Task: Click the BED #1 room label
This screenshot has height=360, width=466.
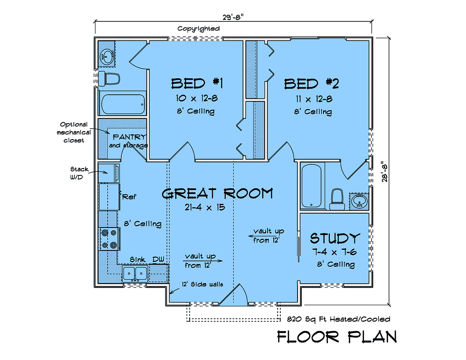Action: [197, 83]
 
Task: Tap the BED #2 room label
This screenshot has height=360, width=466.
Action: [311, 84]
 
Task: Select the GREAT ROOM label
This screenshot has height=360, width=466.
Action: [217, 193]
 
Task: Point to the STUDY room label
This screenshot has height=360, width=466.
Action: [335, 238]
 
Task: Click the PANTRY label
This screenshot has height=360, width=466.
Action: [130, 137]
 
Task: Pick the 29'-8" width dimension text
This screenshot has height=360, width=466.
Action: [233, 17]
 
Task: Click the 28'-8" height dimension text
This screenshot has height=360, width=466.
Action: [385, 173]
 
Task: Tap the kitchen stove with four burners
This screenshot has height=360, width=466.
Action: [109, 239]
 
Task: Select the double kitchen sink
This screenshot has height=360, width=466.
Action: [135, 274]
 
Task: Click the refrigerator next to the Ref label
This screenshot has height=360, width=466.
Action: [110, 197]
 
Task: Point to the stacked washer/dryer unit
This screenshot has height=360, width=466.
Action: [109, 173]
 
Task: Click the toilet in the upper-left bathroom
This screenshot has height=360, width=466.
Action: [109, 79]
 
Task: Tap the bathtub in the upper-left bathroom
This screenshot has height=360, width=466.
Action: [123, 104]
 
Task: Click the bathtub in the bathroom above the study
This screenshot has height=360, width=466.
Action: [311, 186]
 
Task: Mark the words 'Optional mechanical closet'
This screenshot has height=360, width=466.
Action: [74, 132]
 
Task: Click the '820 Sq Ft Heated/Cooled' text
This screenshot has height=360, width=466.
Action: [339, 319]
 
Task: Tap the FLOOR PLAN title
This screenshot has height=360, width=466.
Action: [337, 337]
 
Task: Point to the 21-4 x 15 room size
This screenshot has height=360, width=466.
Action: [205, 207]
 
